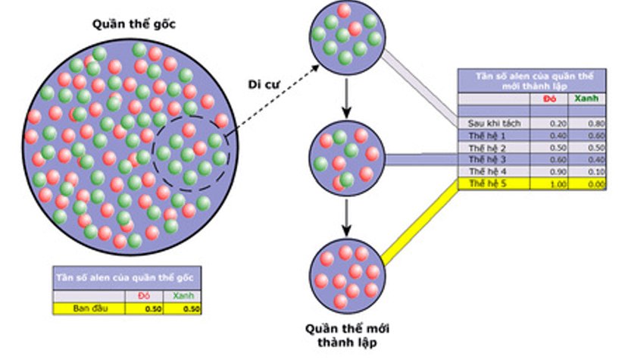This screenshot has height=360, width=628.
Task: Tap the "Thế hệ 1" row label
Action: click(486, 135)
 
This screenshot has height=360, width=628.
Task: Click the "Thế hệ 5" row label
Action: click(486, 184)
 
